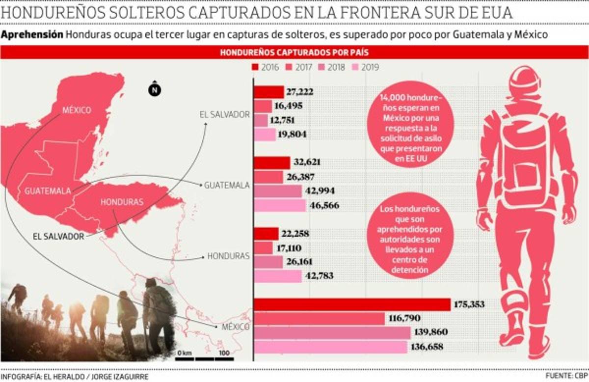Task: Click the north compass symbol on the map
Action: point(154,89)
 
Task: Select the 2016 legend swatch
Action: point(255,68)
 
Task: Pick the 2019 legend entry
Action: point(355,68)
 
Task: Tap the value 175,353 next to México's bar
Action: point(470,305)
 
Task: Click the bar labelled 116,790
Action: point(320,319)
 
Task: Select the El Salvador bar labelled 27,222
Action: point(269,92)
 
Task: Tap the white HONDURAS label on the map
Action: point(122,202)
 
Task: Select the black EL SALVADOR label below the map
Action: point(58,236)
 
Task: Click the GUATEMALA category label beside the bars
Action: point(227,185)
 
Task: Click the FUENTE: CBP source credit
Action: point(566,375)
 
